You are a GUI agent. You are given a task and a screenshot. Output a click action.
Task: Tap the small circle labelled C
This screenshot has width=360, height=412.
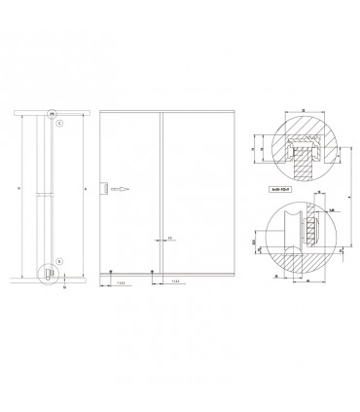[58, 124]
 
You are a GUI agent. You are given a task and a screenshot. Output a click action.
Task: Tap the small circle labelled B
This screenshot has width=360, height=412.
[58, 261]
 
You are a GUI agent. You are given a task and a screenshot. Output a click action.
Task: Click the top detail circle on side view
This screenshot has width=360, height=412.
[54, 111]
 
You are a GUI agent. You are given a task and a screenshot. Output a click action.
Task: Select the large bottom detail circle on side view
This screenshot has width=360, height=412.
[48, 276]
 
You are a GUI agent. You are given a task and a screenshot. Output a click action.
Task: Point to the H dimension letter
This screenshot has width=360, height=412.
[86, 188]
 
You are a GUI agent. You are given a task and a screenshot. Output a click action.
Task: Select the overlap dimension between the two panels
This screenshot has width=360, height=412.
[169, 237]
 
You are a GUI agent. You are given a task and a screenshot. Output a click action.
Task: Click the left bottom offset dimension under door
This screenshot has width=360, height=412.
[119, 282]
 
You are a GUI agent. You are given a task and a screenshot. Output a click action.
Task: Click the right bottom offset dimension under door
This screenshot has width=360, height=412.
[173, 282]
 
